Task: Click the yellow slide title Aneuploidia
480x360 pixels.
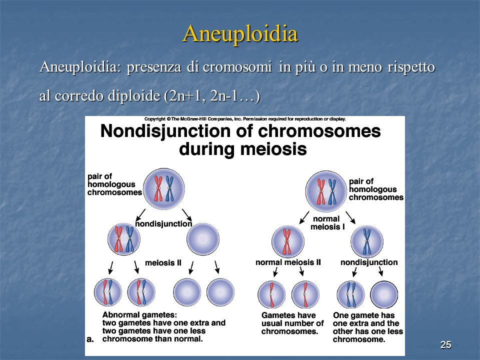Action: tap(240, 33)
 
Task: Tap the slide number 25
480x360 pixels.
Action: tap(445, 344)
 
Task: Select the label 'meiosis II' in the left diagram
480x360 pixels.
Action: tap(163, 262)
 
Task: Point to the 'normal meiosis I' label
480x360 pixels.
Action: tap(327, 223)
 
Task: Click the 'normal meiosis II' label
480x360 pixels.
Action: tap(288, 262)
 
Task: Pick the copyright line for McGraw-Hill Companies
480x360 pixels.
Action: tap(245, 119)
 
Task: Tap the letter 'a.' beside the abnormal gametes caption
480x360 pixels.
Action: tap(90, 339)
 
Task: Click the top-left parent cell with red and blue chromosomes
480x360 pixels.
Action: tap(164, 188)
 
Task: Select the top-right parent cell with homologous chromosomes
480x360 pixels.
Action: tap(326, 191)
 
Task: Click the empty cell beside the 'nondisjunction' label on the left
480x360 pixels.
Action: tap(203, 239)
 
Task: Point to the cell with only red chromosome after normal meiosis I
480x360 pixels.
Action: tap(288, 242)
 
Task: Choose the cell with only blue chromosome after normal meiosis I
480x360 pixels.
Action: tap(366, 242)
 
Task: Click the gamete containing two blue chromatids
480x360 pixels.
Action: tap(350, 294)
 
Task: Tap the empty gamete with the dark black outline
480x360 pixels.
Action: tap(384, 294)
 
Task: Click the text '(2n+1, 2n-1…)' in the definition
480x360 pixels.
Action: tap(212, 96)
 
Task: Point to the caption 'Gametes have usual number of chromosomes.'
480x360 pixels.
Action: tap(292, 323)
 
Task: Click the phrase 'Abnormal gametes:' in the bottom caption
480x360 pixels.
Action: tap(139, 315)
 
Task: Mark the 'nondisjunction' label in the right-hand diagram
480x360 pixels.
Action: tap(369, 262)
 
